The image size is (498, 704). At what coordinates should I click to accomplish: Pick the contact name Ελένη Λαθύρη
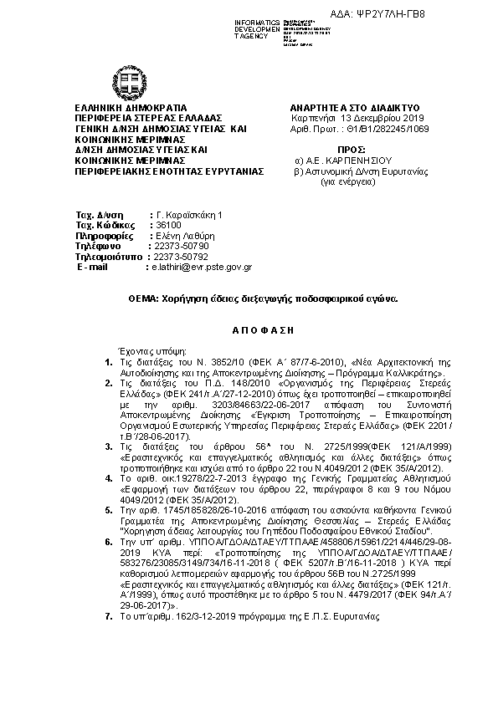(x=177, y=237)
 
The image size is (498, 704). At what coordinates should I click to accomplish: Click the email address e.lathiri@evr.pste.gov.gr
(x=201, y=267)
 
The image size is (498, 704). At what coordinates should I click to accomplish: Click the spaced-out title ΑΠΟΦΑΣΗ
(x=249, y=329)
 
